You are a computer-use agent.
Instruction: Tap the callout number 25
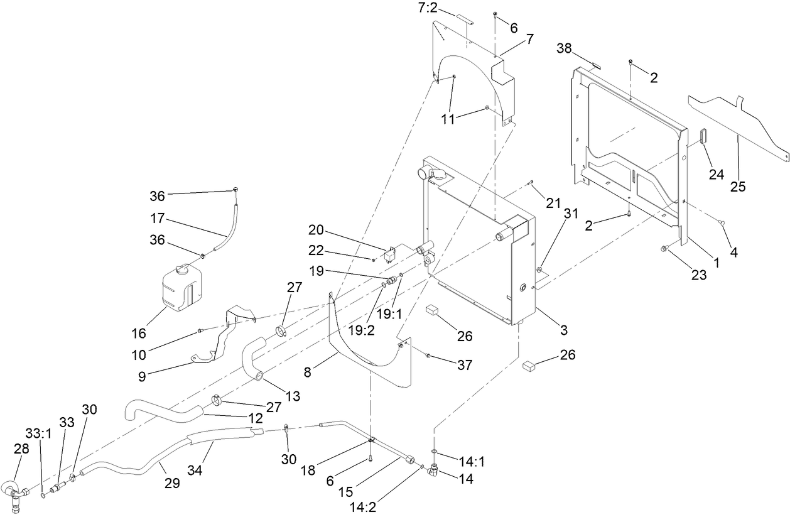pos(739,187)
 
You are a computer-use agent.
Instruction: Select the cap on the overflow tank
pos(182,269)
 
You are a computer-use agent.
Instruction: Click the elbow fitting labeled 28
pos(13,496)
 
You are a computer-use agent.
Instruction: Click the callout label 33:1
pos(36,433)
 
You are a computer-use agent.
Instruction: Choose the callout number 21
pos(553,202)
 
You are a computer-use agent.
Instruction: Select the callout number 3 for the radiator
pos(564,330)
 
